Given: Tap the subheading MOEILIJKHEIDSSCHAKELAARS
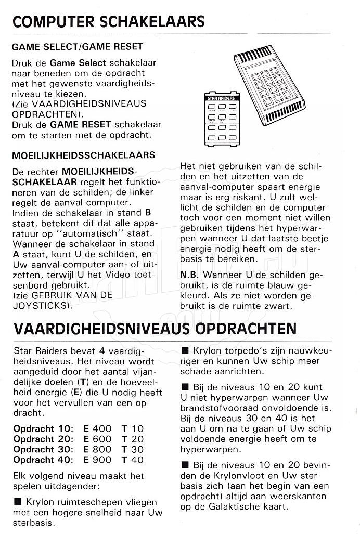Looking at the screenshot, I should pyautogui.click(x=84, y=155).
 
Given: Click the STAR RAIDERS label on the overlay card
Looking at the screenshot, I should pyautogui.click(x=218, y=98).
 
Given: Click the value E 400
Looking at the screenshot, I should pyautogui.click(x=97, y=428).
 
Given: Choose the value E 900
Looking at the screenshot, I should pyautogui.click(x=97, y=460).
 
